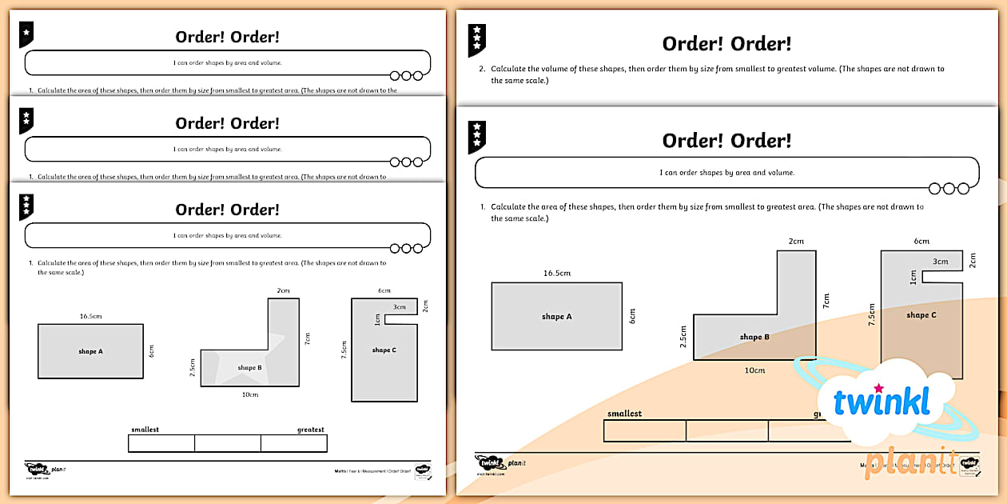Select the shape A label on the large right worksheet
tap(556, 317)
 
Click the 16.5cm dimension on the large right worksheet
tap(556, 273)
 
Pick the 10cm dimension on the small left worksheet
tap(249, 394)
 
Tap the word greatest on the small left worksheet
tap(310, 430)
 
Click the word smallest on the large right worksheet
tap(624, 414)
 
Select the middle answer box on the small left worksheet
tap(228, 443)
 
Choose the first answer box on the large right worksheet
tap(644, 431)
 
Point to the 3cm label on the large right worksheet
tap(940, 262)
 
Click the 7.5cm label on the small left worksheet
tap(344, 350)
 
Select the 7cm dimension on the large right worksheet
tap(826, 300)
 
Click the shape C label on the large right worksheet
tap(921, 315)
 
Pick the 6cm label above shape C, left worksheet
tap(384, 290)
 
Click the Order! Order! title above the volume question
tap(726, 44)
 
